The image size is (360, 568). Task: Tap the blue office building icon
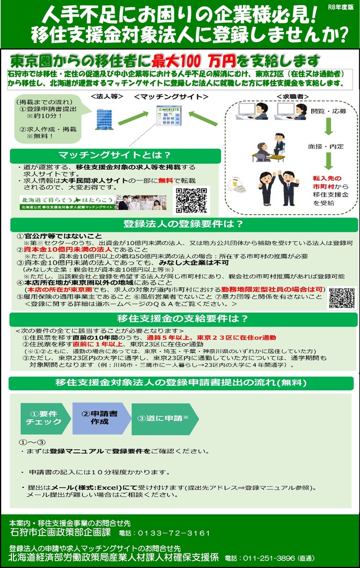[x=105, y=117]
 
